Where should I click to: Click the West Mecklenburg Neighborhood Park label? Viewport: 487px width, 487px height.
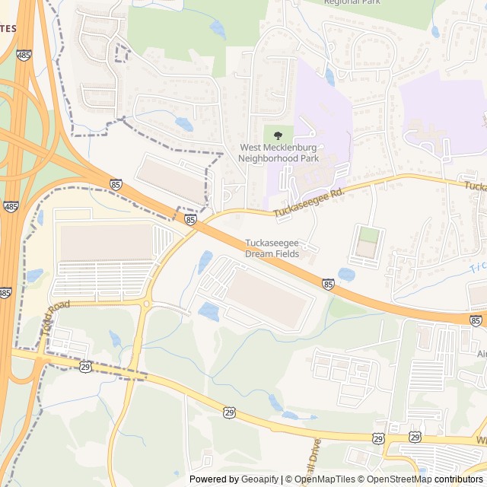pyautogui.click(x=279, y=153)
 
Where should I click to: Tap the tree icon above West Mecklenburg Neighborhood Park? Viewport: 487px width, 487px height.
pyautogui.click(x=278, y=135)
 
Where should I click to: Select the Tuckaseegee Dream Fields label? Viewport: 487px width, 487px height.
pyautogui.click(x=272, y=248)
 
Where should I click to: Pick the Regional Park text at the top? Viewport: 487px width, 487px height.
pyautogui.click(x=351, y=2)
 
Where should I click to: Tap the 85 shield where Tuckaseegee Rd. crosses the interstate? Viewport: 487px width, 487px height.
pyautogui.click(x=190, y=220)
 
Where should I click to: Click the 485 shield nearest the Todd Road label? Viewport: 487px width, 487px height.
pyautogui.click(x=5, y=292)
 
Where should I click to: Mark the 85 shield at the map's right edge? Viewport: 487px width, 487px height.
pyautogui.click(x=476, y=321)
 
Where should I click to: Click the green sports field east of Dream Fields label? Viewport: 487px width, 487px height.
pyautogui.click(x=368, y=234)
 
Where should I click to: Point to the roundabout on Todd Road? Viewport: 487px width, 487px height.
pyautogui.click(x=145, y=304)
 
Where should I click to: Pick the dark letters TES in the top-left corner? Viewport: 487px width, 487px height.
pyautogui.click(x=8, y=28)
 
